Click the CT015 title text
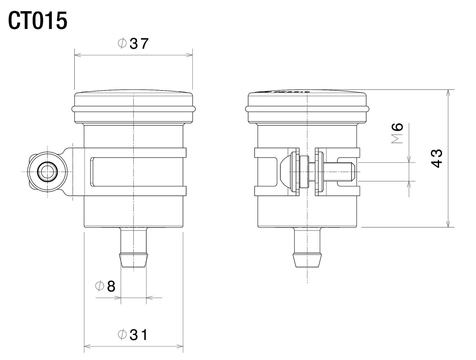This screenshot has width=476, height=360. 38,21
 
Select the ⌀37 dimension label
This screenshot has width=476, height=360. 133,43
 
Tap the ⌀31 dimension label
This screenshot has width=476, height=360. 133,335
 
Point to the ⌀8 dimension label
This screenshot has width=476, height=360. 105,287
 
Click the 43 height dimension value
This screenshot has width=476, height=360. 436,158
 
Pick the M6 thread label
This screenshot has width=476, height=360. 398,133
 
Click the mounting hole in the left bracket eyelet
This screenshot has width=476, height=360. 48,172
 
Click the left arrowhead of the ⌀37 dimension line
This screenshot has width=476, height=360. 78,55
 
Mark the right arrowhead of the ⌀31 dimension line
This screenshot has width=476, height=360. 180,346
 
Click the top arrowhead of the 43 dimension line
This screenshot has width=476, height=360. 448,92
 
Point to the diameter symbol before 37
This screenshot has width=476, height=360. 122,43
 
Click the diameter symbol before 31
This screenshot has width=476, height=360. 122,335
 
